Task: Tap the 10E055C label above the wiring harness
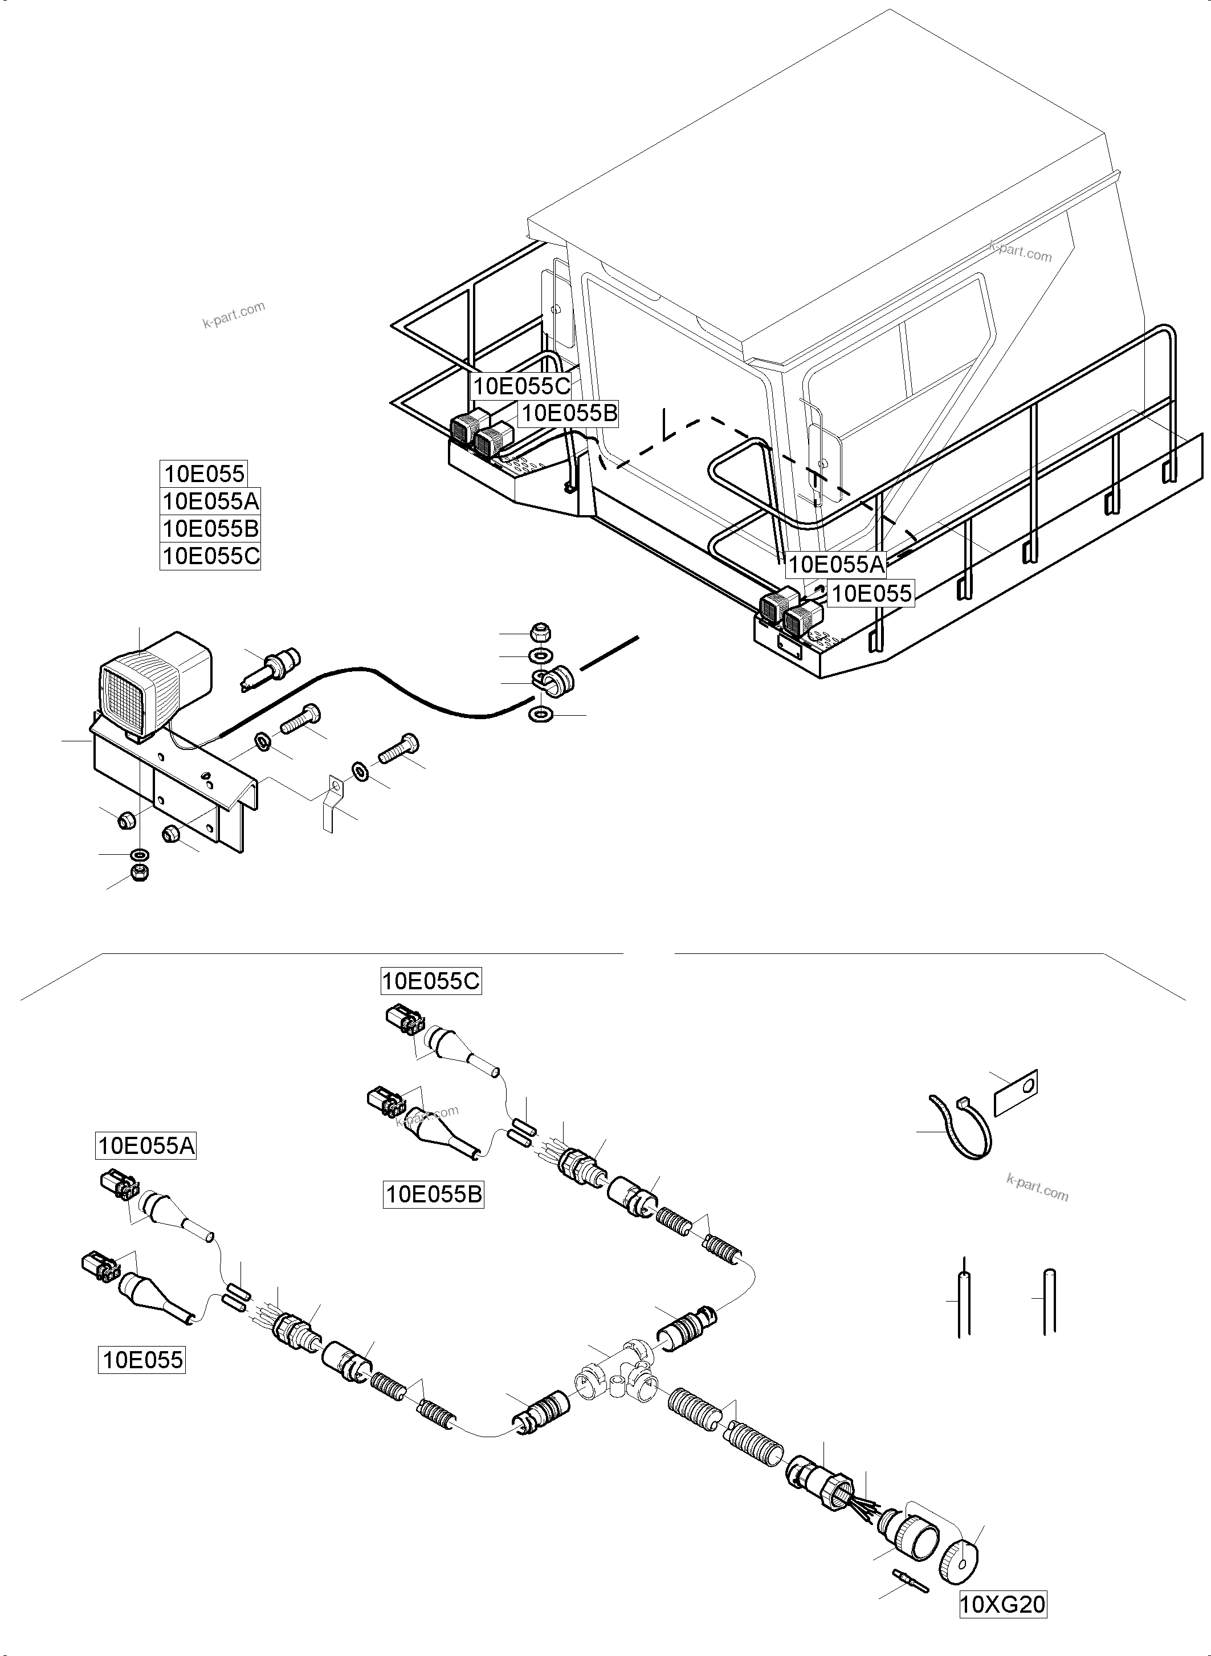[431, 981]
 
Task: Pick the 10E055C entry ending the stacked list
[210, 556]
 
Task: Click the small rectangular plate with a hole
[1016, 1092]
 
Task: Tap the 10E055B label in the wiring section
[434, 1195]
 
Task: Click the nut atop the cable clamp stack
[541, 633]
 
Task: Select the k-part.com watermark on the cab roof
[1021, 251]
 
